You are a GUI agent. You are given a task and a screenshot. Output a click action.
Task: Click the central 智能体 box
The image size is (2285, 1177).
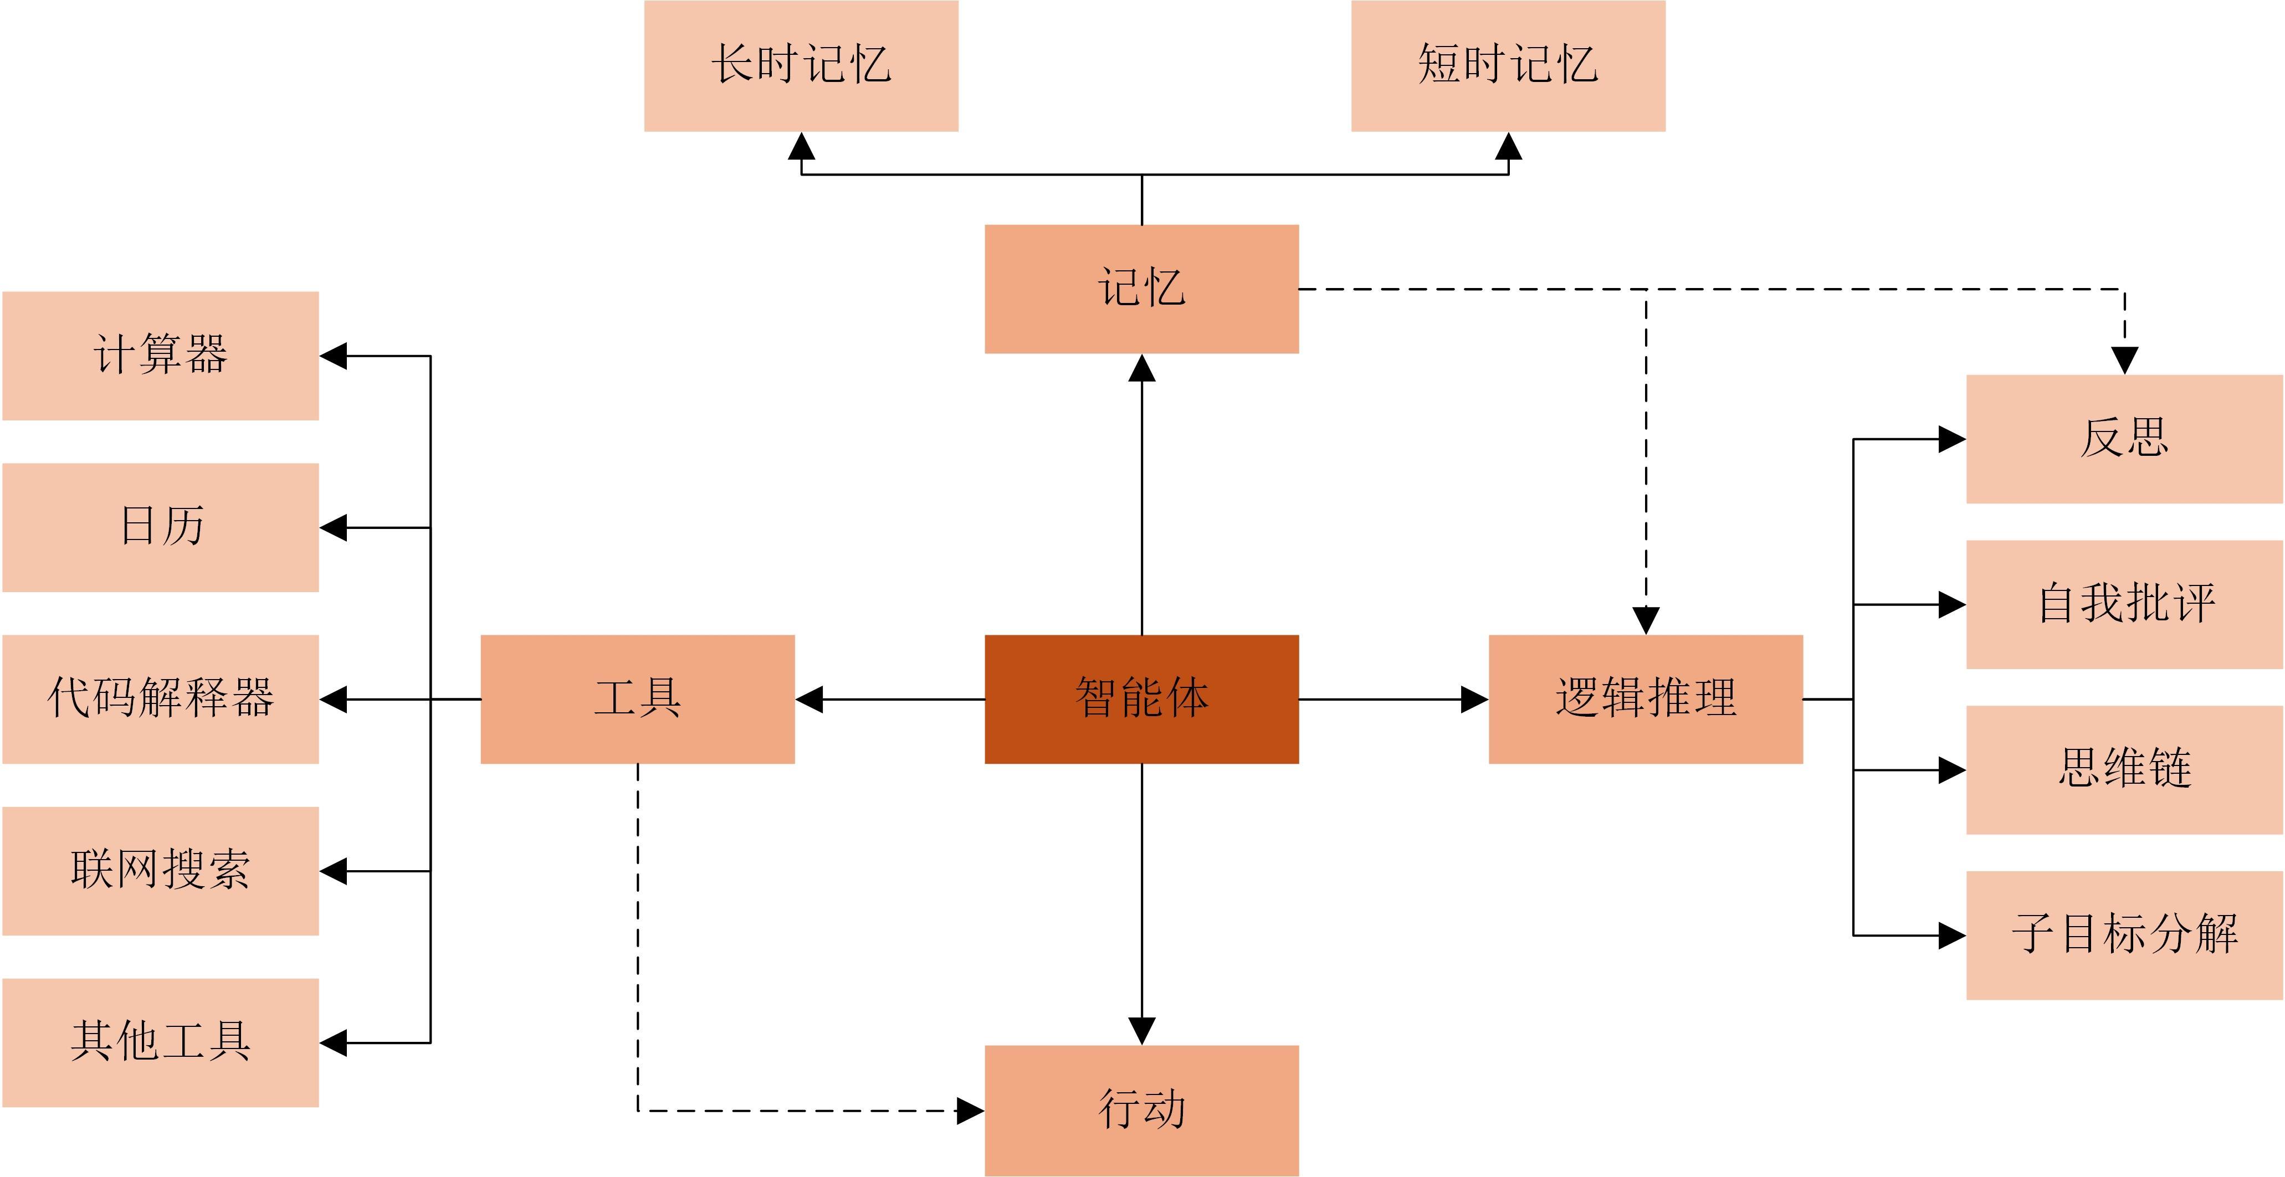(1141, 699)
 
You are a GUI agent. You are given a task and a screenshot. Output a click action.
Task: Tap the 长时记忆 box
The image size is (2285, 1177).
(801, 66)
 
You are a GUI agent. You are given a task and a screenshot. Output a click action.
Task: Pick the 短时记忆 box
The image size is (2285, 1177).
(1508, 66)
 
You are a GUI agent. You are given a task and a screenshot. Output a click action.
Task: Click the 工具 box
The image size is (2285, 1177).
(638, 699)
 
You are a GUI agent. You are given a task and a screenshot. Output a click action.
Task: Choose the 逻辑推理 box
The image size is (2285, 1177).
(1646, 699)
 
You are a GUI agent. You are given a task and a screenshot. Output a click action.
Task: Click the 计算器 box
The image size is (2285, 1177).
(161, 356)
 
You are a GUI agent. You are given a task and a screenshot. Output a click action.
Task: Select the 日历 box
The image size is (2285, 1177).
(161, 527)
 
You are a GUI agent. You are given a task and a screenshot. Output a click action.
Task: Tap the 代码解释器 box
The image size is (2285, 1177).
(161, 699)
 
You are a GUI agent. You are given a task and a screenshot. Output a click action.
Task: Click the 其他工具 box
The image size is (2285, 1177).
(161, 1042)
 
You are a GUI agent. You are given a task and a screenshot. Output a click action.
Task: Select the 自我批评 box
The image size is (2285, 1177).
(2124, 604)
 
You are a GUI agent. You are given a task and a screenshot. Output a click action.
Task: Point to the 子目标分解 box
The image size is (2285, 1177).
(2124, 935)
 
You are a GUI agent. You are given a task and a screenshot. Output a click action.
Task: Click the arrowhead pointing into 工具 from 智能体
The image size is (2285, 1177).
(809, 699)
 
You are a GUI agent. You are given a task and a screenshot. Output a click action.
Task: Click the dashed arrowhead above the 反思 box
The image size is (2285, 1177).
(2124, 360)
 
